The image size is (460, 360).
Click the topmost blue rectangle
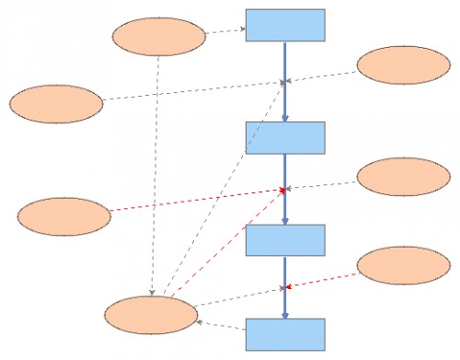coord(285,25)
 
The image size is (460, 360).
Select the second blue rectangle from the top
coord(285,137)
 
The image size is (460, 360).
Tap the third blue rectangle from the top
coord(285,239)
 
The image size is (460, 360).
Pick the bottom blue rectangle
coord(285,334)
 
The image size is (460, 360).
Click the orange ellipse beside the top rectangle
coord(159,37)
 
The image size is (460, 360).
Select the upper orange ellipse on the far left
coord(56,103)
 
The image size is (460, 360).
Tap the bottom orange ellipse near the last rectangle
coord(151,315)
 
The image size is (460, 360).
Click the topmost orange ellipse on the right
coord(403,64)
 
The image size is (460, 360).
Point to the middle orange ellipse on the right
coord(403,177)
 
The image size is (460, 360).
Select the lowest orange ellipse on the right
coord(403,265)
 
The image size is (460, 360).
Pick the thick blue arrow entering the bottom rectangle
coord(285,295)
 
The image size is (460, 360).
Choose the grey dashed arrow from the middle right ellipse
coord(321,186)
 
